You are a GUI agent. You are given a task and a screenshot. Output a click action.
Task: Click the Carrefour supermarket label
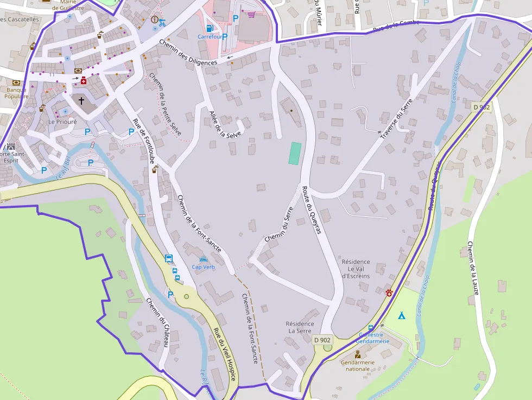[210, 37]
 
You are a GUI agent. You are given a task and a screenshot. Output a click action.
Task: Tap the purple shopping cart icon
[251, 14]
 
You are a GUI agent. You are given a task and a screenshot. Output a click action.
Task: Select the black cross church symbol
[81, 101]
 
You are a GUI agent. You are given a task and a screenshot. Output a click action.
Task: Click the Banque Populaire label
[16, 93]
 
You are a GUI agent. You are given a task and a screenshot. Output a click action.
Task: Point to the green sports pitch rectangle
[294, 154]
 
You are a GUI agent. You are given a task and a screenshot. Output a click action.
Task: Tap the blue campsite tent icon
[401, 315]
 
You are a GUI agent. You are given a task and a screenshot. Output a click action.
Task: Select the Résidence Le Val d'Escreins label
[356, 269]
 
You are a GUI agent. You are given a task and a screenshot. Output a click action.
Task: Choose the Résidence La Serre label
[300, 327]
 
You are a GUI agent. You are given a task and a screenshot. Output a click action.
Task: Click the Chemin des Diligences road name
[188, 53]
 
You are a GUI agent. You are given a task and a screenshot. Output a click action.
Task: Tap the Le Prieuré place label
[62, 122]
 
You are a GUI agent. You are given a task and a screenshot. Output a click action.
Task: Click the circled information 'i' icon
[155, 20]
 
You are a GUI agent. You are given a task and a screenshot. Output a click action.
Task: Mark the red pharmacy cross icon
[83, 81]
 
